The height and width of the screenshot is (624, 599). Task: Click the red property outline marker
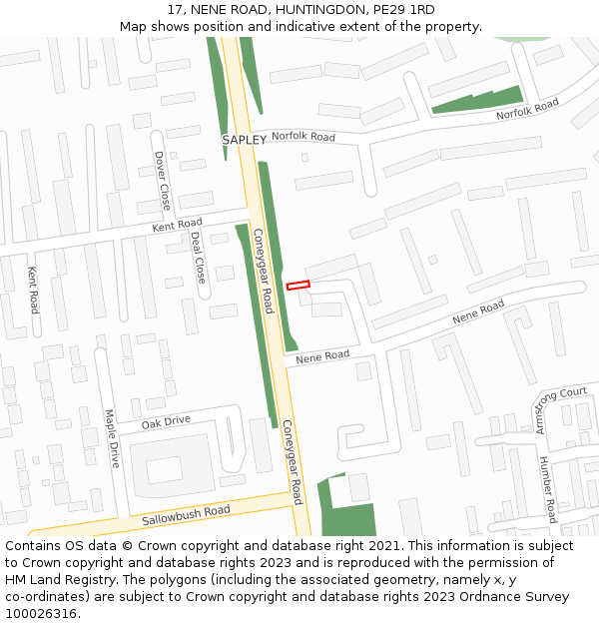[299, 286]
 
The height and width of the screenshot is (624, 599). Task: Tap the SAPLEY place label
[245, 140]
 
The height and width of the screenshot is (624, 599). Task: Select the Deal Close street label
[198, 257]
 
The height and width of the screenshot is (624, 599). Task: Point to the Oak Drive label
[166, 421]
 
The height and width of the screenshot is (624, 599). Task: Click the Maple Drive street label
[112, 437]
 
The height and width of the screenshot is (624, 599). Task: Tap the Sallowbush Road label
[186, 516]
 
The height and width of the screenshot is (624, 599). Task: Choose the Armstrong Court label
[561, 410]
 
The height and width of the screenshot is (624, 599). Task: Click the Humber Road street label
[547, 489]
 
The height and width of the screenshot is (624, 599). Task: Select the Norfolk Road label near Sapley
[303, 136]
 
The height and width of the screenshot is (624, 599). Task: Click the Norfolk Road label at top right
[528, 110]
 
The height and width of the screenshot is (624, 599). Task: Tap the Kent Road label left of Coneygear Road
[177, 226]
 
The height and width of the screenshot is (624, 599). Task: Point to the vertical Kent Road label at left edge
[33, 290]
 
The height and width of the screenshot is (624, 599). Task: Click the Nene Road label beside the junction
[322, 355]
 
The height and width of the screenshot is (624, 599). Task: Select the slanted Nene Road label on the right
[478, 312]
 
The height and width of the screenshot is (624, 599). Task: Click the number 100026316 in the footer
[41, 613]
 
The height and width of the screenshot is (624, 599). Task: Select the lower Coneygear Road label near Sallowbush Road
[292, 460]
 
